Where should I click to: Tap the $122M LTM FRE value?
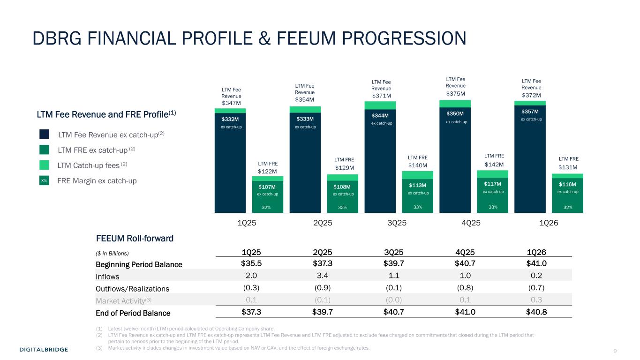(x=268, y=172)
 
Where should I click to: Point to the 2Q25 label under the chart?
(x=323, y=223)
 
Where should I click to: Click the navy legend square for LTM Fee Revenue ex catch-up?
(x=45, y=135)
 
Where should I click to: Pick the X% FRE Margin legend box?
(x=44, y=180)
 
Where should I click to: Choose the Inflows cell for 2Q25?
(x=323, y=276)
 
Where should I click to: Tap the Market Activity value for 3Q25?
(x=397, y=300)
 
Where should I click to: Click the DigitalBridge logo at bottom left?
(x=44, y=350)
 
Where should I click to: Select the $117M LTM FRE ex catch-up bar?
(x=492, y=195)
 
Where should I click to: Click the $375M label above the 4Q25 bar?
(x=455, y=93)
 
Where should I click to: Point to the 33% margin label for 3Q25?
(x=417, y=207)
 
